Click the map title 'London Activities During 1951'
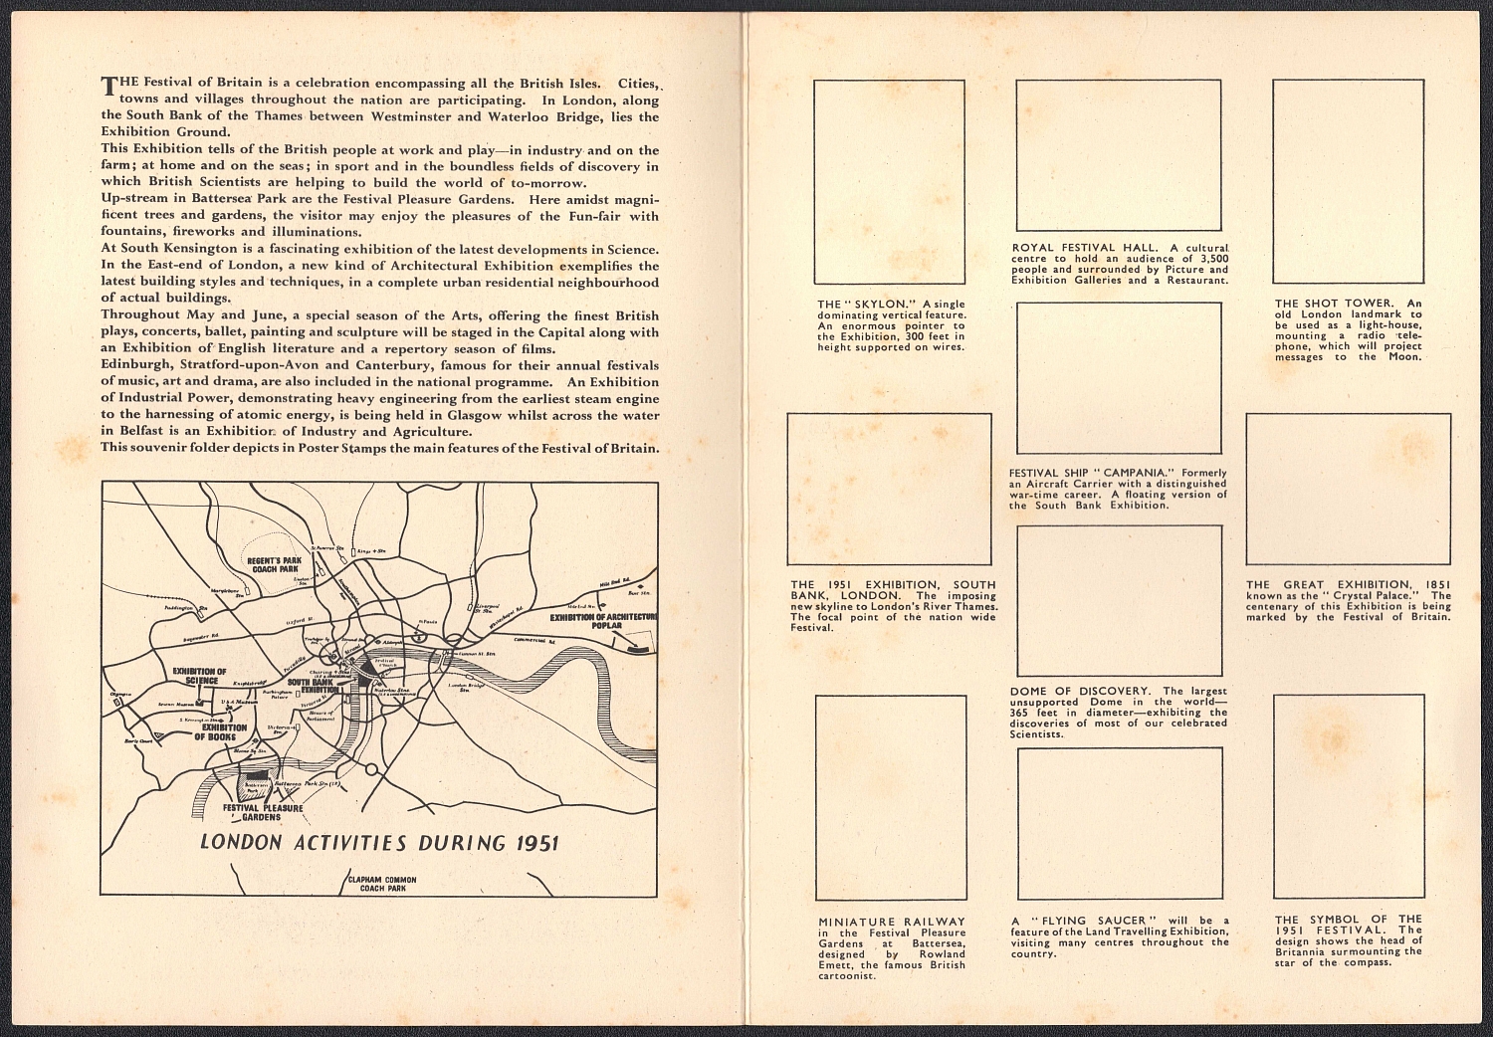[379, 842]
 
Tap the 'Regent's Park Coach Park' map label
[274, 564]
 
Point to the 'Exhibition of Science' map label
[199, 677]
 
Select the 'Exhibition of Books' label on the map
[220, 732]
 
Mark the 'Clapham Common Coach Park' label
[382, 884]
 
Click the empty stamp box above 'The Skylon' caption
[890, 182]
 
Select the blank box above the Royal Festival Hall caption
[1118, 154]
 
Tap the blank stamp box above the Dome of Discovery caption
[1119, 601]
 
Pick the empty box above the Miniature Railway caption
[891, 796]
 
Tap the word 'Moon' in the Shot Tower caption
[1405, 357]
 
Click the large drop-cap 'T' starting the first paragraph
[109, 86]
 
